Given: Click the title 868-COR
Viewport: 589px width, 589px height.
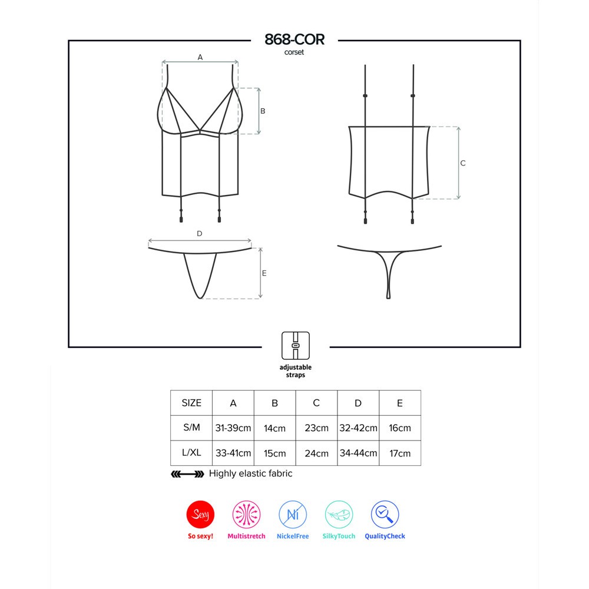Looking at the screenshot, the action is pos(294,39).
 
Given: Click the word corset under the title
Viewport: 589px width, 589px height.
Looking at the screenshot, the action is pos(294,52).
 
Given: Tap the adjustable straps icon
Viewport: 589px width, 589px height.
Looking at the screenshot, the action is pos(296,346).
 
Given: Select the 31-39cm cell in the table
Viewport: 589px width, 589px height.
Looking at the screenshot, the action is pos(233,428).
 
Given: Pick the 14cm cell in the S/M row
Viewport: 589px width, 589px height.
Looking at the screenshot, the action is pos(274,428).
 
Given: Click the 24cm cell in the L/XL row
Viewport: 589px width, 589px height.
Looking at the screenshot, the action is pos(317,454).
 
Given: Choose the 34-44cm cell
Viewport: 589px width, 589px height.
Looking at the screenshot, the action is pos(358,453).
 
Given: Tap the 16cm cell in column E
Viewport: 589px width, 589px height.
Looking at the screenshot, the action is pos(400,428).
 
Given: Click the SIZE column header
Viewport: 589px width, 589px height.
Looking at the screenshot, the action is pos(191,403).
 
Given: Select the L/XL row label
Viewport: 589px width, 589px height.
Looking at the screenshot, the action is pos(191,452).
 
